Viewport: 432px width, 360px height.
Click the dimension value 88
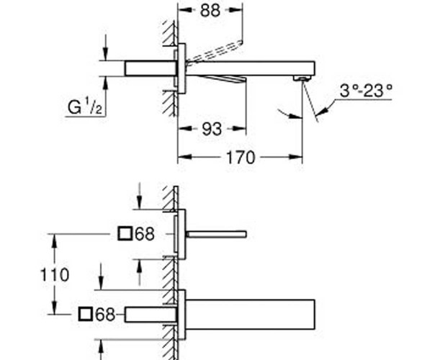click(x=210, y=11)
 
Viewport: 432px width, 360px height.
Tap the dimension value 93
click(x=212, y=129)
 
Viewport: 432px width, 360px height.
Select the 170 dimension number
click(x=240, y=158)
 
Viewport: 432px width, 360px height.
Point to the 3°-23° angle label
click(x=366, y=90)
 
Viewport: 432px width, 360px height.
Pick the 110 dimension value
click(x=55, y=274)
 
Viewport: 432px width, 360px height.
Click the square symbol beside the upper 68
click(x=125, y=233)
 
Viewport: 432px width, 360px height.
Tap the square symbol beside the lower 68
click(x=85, y=314)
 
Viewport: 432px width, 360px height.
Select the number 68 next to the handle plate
click(x=145, y=234)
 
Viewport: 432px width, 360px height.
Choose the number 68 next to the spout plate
click(x=105, y=314)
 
